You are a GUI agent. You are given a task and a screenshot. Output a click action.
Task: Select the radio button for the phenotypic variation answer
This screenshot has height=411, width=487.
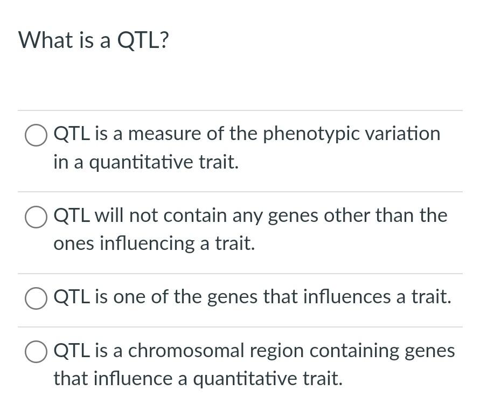36,135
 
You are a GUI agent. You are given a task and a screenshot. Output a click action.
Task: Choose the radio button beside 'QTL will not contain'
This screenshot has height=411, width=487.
36,217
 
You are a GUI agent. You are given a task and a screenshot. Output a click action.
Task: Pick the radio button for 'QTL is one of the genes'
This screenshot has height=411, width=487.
36,298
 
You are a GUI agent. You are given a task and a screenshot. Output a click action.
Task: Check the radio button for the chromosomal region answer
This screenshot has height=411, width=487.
36,352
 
